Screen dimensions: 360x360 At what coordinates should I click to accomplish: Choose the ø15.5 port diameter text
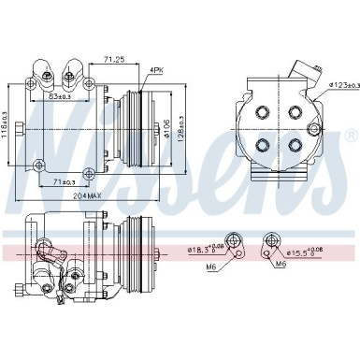coord(306,251)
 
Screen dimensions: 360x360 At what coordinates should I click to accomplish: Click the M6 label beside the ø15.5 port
coord(281,265)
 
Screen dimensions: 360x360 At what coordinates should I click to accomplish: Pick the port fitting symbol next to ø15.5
coord(270,246)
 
